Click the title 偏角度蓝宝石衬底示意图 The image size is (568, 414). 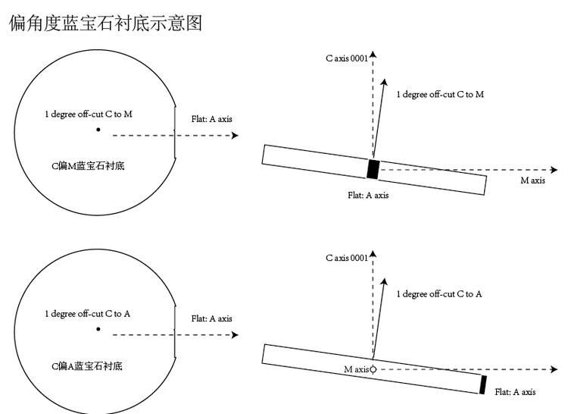click(105, 23)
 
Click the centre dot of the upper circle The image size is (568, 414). click(98, 130)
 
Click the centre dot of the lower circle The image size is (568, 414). click(98, 329)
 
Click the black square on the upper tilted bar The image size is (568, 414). click(373, 168)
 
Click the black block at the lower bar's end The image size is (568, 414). click(482, 384)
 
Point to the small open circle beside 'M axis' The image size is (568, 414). click(373, 369)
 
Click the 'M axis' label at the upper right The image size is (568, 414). click(532, 180)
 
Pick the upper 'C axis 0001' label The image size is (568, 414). click(346, 58)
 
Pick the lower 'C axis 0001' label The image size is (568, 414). click(347, 258)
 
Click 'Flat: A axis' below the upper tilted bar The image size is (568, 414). click(368, 195)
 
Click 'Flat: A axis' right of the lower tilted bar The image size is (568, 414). click(515, 392)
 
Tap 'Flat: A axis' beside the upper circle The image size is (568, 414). click(212, 119)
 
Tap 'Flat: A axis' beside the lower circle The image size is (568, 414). click(212, 318)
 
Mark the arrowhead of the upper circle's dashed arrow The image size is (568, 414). click(235, 135)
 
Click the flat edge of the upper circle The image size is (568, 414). click(175, 130)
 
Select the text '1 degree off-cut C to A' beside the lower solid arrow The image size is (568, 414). click(439, 293)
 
